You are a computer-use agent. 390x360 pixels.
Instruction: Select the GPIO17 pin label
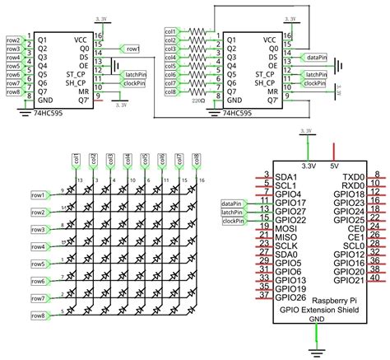pyautogui.click(x=291, y=202)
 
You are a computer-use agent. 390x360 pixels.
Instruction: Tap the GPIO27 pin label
pyautogui.click(x=291, y=211)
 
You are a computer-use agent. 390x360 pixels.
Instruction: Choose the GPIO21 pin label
pyautogui.click(x=349, y=281)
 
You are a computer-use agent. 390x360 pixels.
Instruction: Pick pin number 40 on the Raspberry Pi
pyautogui.click(x=376, y=278)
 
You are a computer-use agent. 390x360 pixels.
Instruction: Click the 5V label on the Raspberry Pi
pyautogui.click(x=332, y=166)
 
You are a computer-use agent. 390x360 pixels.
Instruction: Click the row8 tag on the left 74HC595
pyautogui.click(x=12, y=91)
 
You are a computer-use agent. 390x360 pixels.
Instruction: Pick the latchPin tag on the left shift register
pyautogui.click(x=134, y=74)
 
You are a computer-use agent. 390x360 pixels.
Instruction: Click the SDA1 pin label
pyautogui.click(x=286, y=176)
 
